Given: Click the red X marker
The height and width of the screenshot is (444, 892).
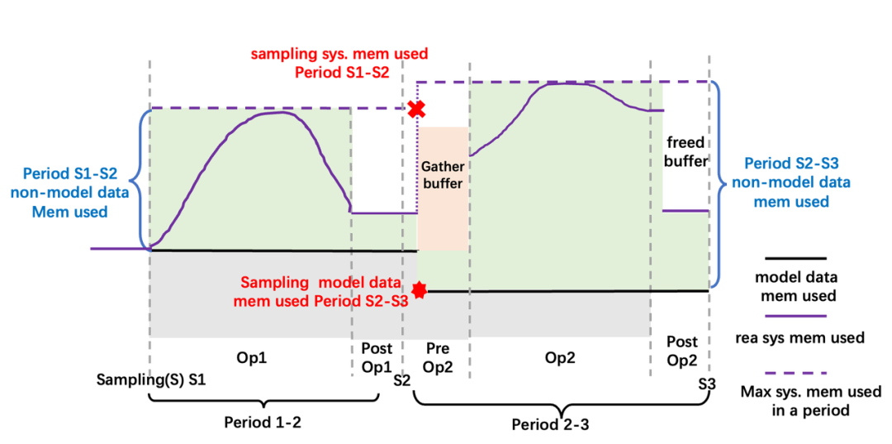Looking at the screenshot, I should [x=416, y=109].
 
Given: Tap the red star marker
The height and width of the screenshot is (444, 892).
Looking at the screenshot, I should [x=420, y=289].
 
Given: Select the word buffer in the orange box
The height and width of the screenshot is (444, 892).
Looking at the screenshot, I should [x=443, y=183].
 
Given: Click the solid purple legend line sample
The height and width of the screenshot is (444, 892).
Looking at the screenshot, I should [x=795, y=315].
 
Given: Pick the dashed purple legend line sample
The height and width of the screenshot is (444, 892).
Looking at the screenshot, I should [x=795, y=373].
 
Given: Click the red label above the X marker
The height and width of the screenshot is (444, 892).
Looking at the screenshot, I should [x=340, y=64].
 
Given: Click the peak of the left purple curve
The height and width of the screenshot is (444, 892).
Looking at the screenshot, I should [x=277, y=113].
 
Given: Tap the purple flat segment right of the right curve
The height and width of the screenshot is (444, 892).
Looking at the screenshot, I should [x=686, y=210].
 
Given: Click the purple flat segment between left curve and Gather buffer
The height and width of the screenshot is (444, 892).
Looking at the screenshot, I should [x=384, y=212].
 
